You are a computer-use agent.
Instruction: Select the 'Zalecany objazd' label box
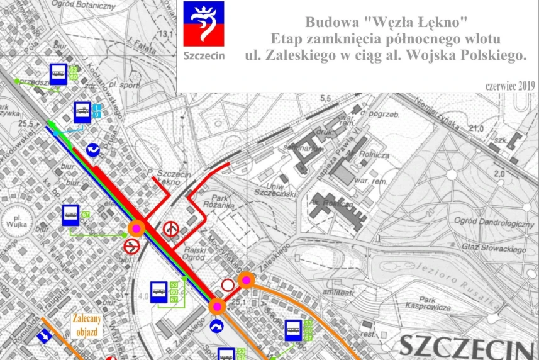(87, 325)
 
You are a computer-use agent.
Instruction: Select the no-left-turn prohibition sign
(131, 244)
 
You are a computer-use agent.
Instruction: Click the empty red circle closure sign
(228, 286)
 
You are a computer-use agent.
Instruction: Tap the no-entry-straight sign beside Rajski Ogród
(170, 228)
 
